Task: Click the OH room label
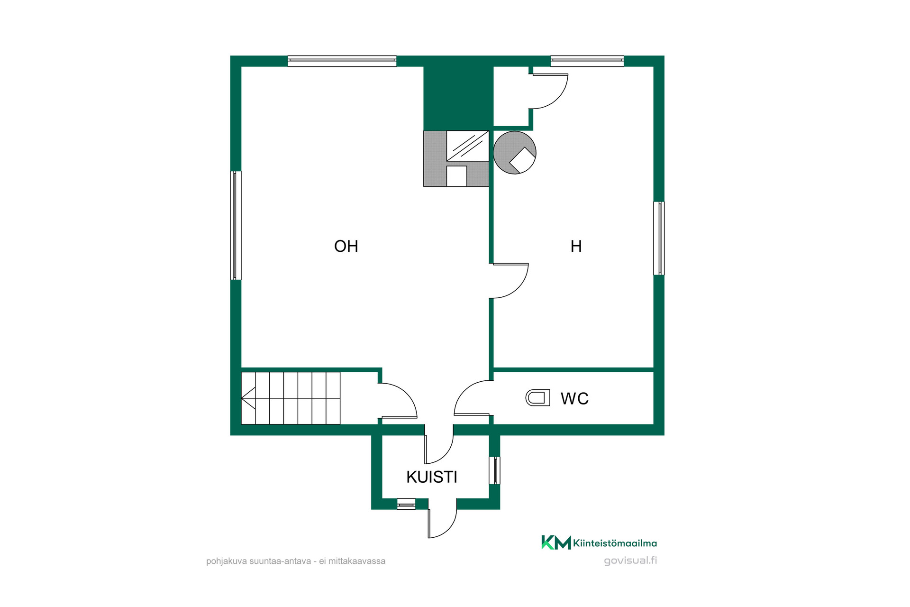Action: coord(346,246)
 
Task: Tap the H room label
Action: coord(576,246)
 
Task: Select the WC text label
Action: coord(574,398)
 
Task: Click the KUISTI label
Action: coord(432,477)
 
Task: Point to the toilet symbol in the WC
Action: coord(538,398)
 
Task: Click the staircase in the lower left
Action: coord(291,398)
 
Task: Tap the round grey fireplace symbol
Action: coord(515,153)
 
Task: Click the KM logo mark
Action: coord(556,543)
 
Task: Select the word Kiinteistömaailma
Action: coord(615,543)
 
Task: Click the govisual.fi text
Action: coord(630,561)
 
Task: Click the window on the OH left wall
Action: coord(236,225)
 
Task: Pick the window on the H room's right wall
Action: coord(659,238)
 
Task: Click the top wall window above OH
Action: coord(342,61)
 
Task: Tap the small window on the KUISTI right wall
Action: coord(494,470)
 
